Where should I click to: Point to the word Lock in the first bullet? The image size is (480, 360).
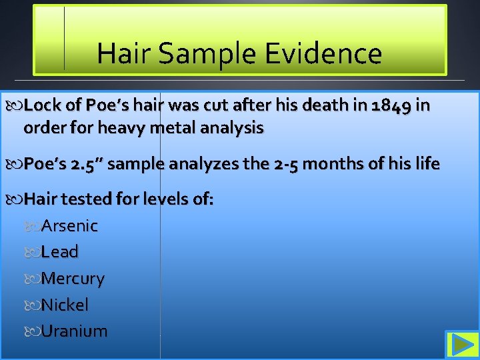(x=45, y=105)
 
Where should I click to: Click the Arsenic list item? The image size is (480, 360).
(x=69, y=226)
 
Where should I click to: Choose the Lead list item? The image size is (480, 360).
(x=59, y=252)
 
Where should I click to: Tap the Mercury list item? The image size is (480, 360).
(x=72, y=279)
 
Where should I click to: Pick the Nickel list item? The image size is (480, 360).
(x=64, y=305)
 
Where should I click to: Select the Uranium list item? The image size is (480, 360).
(x=73, y=331)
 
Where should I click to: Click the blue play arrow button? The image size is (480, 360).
(x=460, y=345)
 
